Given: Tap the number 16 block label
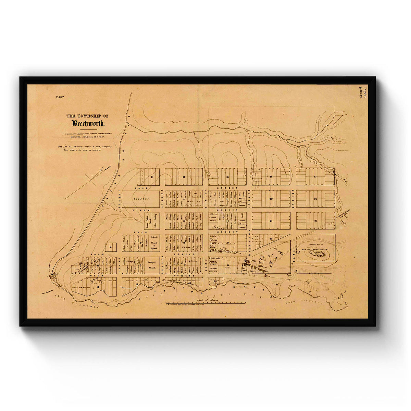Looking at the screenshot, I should point(152,177).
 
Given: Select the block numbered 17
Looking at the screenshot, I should point(184,177).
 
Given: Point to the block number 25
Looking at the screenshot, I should point(315,176).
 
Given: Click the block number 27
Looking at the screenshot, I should point(315,221).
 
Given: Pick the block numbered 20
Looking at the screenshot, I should point(271,199).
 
